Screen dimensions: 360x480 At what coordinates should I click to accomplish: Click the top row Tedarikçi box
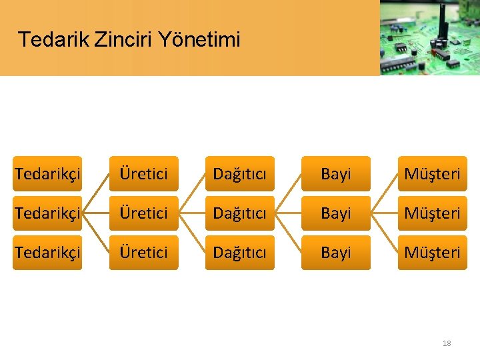point(47,174)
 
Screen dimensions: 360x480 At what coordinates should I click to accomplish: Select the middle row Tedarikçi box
point(47,213)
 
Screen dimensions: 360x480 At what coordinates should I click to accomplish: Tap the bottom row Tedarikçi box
point(47,253)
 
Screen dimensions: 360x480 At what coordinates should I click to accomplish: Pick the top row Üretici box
point(144,174)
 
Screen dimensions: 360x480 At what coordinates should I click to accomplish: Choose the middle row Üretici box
point(144,213)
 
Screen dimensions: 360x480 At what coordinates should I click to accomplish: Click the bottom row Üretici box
point(144,253)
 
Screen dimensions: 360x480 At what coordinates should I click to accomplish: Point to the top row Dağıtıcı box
point(239,174)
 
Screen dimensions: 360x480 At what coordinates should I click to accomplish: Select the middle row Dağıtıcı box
point(239,213)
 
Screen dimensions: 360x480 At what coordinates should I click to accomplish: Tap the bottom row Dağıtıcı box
point(239,253)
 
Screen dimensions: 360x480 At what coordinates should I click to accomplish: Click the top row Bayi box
point(335,174)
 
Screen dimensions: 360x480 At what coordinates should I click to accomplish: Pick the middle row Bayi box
point(335,213)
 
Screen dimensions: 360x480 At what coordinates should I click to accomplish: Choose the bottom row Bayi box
point(335,253)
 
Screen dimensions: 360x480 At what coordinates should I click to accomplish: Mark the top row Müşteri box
point(432,174)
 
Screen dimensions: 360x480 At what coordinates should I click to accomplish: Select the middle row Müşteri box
point(432,213)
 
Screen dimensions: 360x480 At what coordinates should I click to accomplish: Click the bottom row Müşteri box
point(432,253)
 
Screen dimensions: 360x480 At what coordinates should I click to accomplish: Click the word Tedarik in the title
point(54,39)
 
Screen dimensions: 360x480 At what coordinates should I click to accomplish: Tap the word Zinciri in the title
point(123,39)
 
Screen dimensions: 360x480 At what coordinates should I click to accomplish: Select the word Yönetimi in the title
point(199,39)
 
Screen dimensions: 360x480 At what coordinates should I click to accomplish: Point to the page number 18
point(447,343)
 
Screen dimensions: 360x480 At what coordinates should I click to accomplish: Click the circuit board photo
point(430,37)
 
